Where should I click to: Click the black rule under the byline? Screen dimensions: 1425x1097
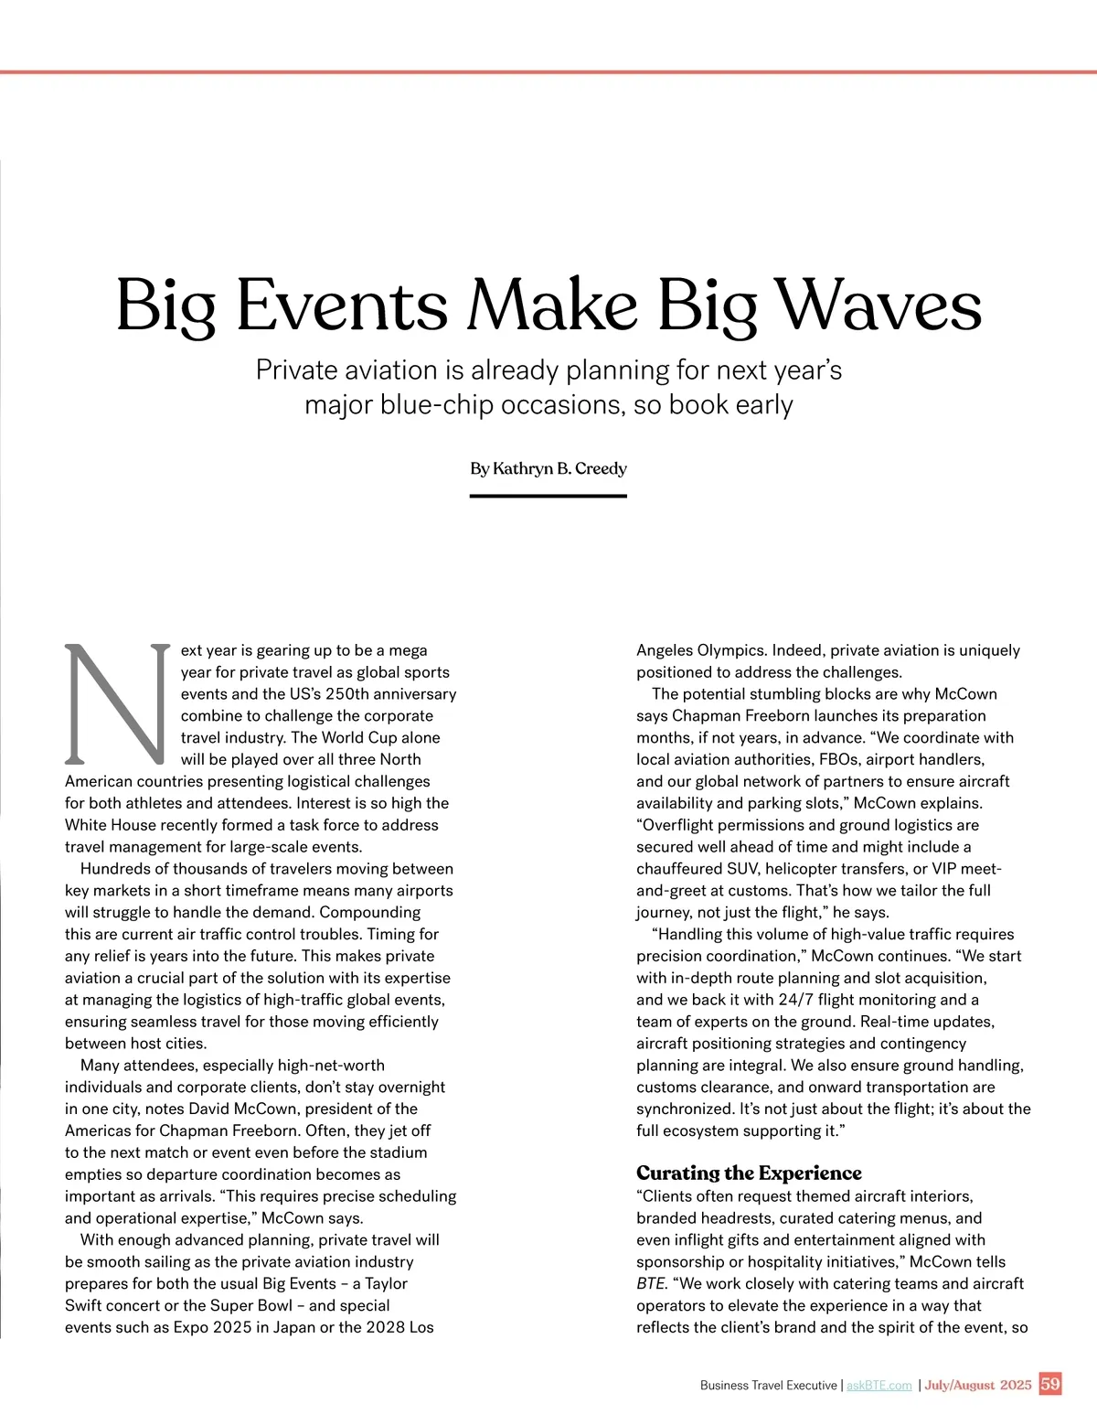548,496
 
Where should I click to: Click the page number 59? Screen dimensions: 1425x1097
1050,1384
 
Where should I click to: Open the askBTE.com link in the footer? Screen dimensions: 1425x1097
879,1385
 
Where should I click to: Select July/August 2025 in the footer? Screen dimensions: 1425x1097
977,1385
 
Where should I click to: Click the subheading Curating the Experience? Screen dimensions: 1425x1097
749,1173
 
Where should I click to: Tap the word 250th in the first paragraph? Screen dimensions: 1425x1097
350,694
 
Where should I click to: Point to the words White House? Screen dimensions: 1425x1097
111,825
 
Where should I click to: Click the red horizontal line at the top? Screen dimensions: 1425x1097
548,71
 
